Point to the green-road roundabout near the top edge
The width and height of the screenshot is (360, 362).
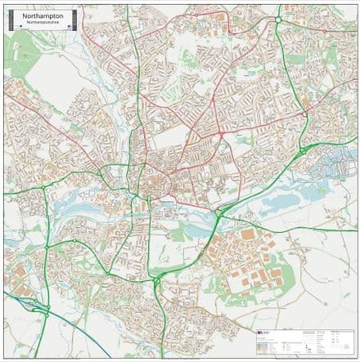tap(277, 18)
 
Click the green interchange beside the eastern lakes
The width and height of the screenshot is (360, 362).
tap(304, 151)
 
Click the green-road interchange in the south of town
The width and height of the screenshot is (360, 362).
tap(155, 283)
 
